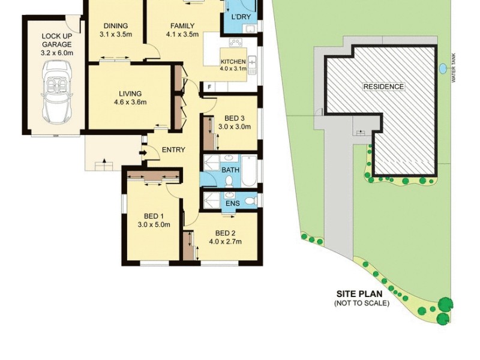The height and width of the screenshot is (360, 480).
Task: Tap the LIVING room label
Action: click(130, 94)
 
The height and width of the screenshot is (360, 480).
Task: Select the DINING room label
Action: click(115, 26)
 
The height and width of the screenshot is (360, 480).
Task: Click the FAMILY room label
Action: click(182, 26)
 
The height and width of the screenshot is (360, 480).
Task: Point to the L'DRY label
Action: click(241, 17)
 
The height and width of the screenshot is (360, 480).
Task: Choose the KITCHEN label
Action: click(233, 62)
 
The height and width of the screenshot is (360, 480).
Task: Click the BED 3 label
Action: click(231, 118)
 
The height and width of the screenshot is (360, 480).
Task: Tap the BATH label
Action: click(230, 170)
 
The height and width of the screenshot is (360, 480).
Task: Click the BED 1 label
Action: click(154, 217)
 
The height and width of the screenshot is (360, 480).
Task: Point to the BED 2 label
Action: click(225, 233)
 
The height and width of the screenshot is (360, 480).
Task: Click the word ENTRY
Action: click(173, 150)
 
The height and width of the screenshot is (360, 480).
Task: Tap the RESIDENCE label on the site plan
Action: click(384, 86)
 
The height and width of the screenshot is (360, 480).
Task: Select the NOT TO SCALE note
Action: click(361, 304)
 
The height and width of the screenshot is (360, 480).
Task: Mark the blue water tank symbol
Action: click(443, 69)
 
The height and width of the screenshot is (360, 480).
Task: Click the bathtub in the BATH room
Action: click(249, 170)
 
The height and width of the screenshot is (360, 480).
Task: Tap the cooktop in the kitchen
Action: click(236, 43)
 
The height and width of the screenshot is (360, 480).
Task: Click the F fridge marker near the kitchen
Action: click(209, 87)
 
